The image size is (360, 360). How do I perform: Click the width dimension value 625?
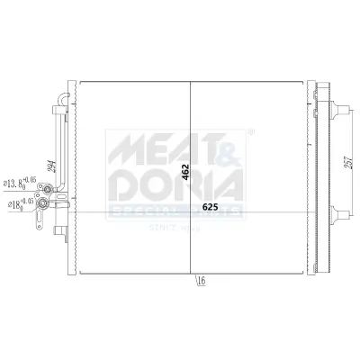coord(210,207)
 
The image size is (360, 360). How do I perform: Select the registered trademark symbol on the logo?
coord(249,133)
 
